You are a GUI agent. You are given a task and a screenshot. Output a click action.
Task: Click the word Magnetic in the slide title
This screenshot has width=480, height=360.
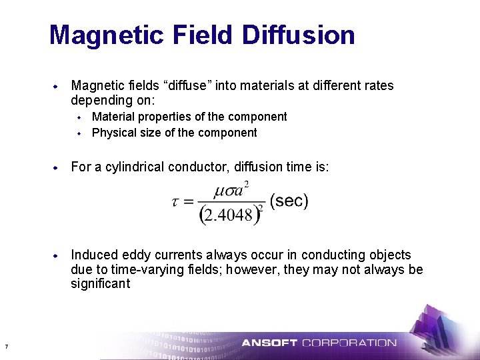point(93,35)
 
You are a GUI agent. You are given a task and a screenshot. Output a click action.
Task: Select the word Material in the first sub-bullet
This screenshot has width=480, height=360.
point(112,117)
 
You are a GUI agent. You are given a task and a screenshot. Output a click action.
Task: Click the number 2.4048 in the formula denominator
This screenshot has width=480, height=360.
point(228,215)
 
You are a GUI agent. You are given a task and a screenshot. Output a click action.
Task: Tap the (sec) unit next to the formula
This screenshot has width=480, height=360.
point(289,201)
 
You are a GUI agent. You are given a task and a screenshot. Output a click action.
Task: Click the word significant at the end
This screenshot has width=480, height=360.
point(101,284)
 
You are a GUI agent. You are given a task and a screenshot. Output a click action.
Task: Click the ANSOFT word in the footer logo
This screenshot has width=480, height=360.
point(269,343)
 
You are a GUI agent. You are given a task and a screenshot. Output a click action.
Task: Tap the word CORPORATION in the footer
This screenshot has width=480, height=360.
point(349,343)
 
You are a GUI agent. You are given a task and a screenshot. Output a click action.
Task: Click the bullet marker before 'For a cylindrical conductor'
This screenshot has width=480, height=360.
point(57,167)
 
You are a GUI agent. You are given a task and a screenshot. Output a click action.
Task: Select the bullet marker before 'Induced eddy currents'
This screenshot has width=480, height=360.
point(57,255)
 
